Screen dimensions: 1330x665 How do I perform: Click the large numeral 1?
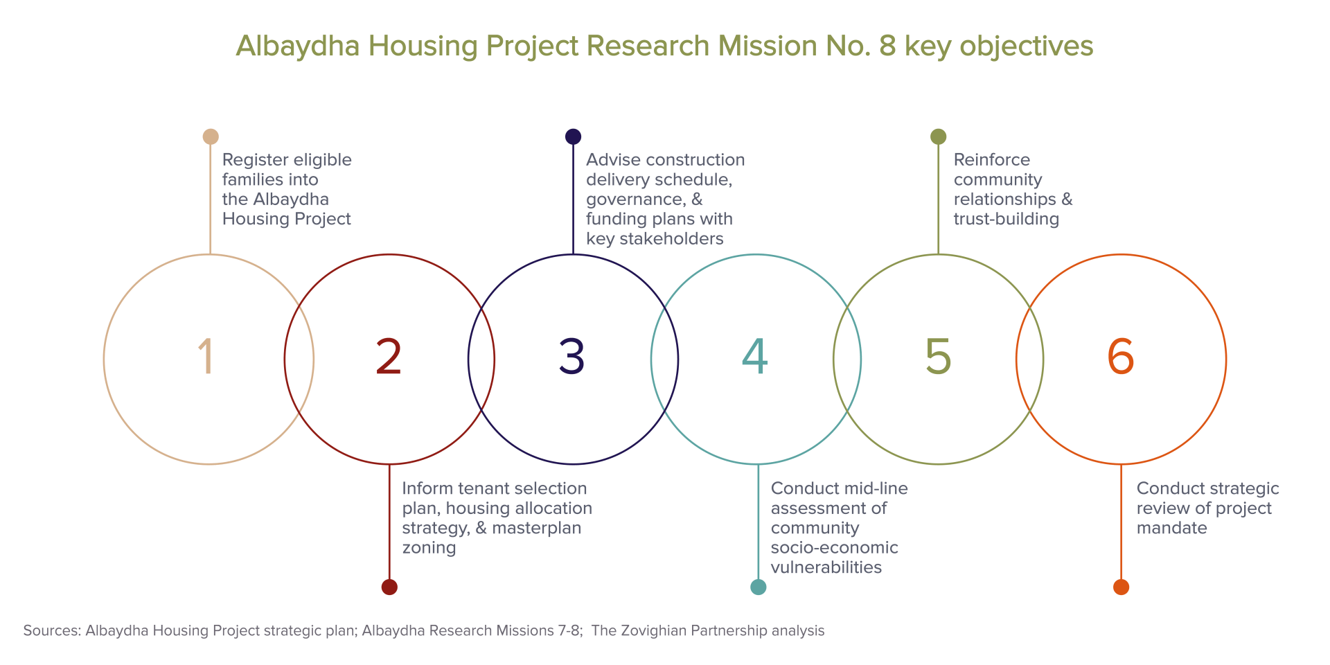pyautogui.click(x=206, y=357)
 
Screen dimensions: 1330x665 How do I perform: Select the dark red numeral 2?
pyautogui.click(x=389, y=357)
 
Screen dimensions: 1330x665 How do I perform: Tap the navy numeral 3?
pyautogui.click(x=572, y=357)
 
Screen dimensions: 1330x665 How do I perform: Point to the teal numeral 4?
pyautogui.click(x=755, y=357)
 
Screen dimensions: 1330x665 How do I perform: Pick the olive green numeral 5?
pyautogui.click(x=939, y=357)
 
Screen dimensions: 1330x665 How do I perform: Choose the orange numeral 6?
pyautogui.click(x=1121, y=357)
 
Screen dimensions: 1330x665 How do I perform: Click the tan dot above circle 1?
pyautogui.click(x=211, y=136)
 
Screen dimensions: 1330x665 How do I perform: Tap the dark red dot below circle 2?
pyautogui.click(x=389, y=587)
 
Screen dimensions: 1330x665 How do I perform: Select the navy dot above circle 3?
pyautogui.click(x=573, y=136)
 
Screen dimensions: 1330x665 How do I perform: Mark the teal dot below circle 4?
pyautogui.click(x=759, y=587)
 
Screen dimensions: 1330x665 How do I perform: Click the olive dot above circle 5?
pyautogui.click(x=938, y=136)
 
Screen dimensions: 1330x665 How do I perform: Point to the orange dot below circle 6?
pyautogui.click(x=1121, y=587)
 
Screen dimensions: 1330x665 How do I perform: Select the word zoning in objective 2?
pyautogui.click(x=429, y=549)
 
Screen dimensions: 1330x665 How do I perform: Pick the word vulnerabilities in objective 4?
pyautogui.click(x=826, y=567)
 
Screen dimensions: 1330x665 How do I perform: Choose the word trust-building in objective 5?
pyautogui.click(x=1007, y=220)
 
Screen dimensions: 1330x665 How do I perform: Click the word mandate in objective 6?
pyautogui.click(x=1172, y=528)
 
